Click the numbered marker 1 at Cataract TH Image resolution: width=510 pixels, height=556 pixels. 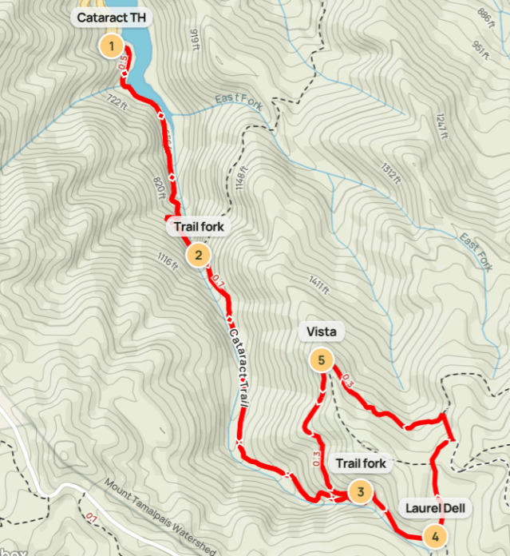click(112, 46)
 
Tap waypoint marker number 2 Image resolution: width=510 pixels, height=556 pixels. click(197, 256)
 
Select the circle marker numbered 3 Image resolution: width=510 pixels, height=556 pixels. click(361, 492)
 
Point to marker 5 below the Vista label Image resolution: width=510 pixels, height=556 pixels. click(321, 361)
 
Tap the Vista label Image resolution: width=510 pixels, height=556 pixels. click(321, 332)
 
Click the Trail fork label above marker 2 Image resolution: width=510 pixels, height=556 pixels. click(199, 227)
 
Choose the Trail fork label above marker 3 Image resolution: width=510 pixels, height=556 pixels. click(361, 463)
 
